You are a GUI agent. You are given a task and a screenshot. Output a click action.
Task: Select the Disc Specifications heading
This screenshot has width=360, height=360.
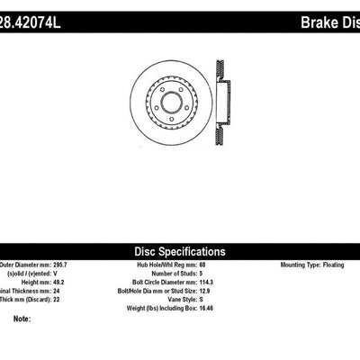(181, 252)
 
